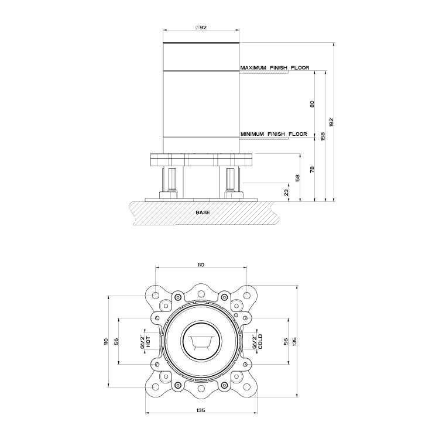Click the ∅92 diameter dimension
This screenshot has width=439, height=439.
(200, 28)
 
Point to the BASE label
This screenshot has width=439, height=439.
(203, 212)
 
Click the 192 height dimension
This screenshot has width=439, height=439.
(331, 122)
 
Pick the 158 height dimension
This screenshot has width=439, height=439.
(323, 136)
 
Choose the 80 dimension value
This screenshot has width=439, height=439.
(313, 104)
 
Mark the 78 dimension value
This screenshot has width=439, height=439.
(313, 170)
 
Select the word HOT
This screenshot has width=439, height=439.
(149, 342)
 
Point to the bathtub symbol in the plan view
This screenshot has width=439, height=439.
(201, 341)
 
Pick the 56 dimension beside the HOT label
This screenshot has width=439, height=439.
(116, 342)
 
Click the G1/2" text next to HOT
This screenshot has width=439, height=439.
(142, 342)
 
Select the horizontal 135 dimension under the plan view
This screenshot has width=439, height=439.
(200, 410)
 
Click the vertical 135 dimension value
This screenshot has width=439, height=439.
(294, 342)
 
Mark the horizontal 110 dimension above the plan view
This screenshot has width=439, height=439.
(200, 265)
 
